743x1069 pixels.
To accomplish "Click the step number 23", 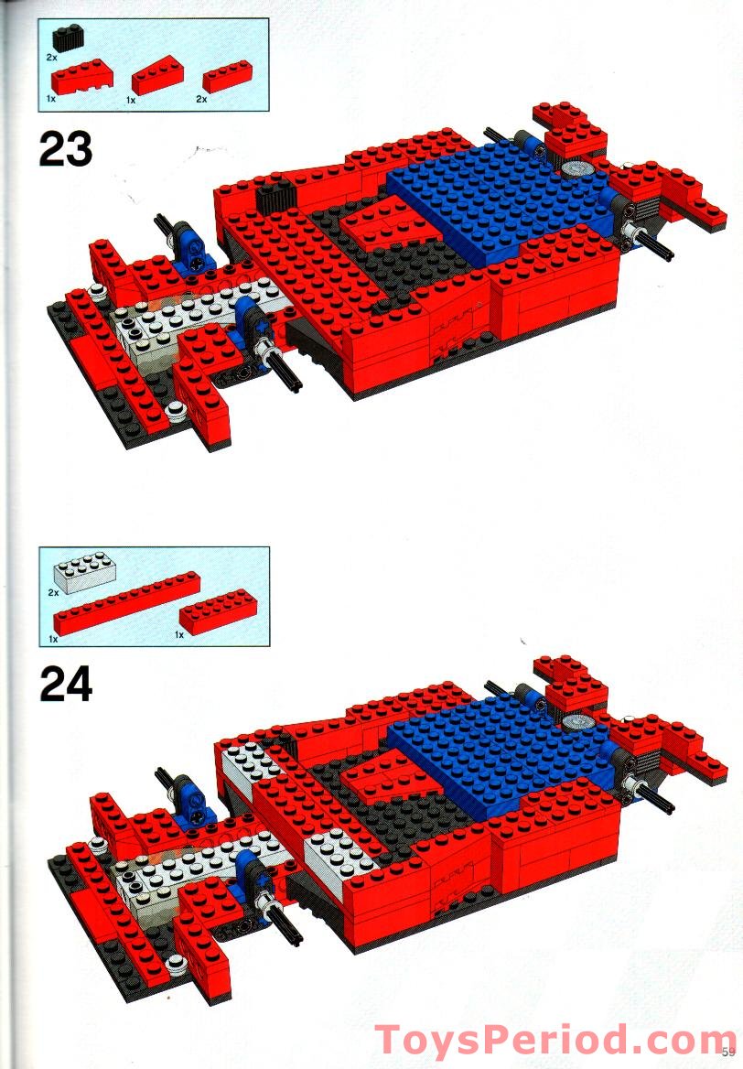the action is (x=66, y=149).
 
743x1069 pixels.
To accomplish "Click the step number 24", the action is (x=66, y=684).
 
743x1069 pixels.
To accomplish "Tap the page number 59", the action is (x=728, y=1052).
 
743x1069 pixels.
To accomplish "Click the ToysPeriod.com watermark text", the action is (x=555, y=1041).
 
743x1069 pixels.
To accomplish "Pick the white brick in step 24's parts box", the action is (x=84, y=571).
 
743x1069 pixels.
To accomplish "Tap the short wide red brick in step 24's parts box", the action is (x=218, y=610).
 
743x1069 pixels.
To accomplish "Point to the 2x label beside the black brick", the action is (x=52, y=58).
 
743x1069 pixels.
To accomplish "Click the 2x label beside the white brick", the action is (x=53, y=593).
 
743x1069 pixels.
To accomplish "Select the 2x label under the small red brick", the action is (x=201, y=99).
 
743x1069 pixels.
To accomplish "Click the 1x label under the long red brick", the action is (x=53, y=640).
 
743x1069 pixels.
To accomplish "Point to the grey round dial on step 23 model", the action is (x=577, y=168).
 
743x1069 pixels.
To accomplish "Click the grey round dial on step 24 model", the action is (x=577, y=722).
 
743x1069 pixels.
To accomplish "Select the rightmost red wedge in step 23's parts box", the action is (x=157, y=79).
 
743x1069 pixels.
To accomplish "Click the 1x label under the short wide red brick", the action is (x=179, y=635).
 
